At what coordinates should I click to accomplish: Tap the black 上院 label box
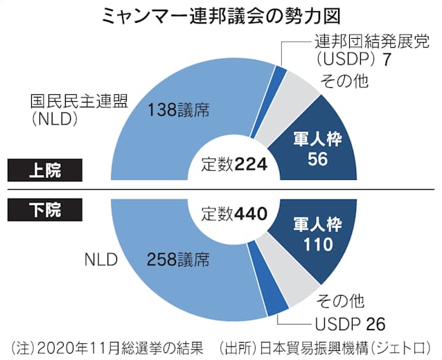tap(45, 167)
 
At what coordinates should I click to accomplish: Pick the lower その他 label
tap(340, 300)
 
